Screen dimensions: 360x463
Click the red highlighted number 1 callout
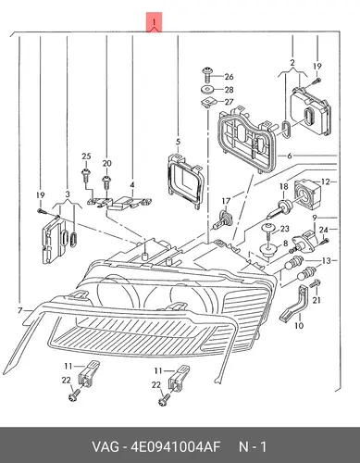coord(154,22)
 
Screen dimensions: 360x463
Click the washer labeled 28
coord(207,90)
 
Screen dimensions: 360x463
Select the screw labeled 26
coord(207,74)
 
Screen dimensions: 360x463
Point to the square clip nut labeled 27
coord(207,103)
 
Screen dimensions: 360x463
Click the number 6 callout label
coord(290,156)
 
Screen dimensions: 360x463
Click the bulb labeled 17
coord(222,219)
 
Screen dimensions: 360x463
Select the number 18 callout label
coord(284,186)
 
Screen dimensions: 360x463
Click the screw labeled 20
coord(106,182)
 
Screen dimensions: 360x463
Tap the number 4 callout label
coord(132,185)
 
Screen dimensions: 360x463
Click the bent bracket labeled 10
coord(295,304)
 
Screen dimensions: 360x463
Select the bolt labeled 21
coord(315,283)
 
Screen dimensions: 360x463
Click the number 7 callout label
coord(20,310)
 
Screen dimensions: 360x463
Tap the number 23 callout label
coord(284,229)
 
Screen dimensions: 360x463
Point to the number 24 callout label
coord(323,230)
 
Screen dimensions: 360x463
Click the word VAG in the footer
coord(105,446)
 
